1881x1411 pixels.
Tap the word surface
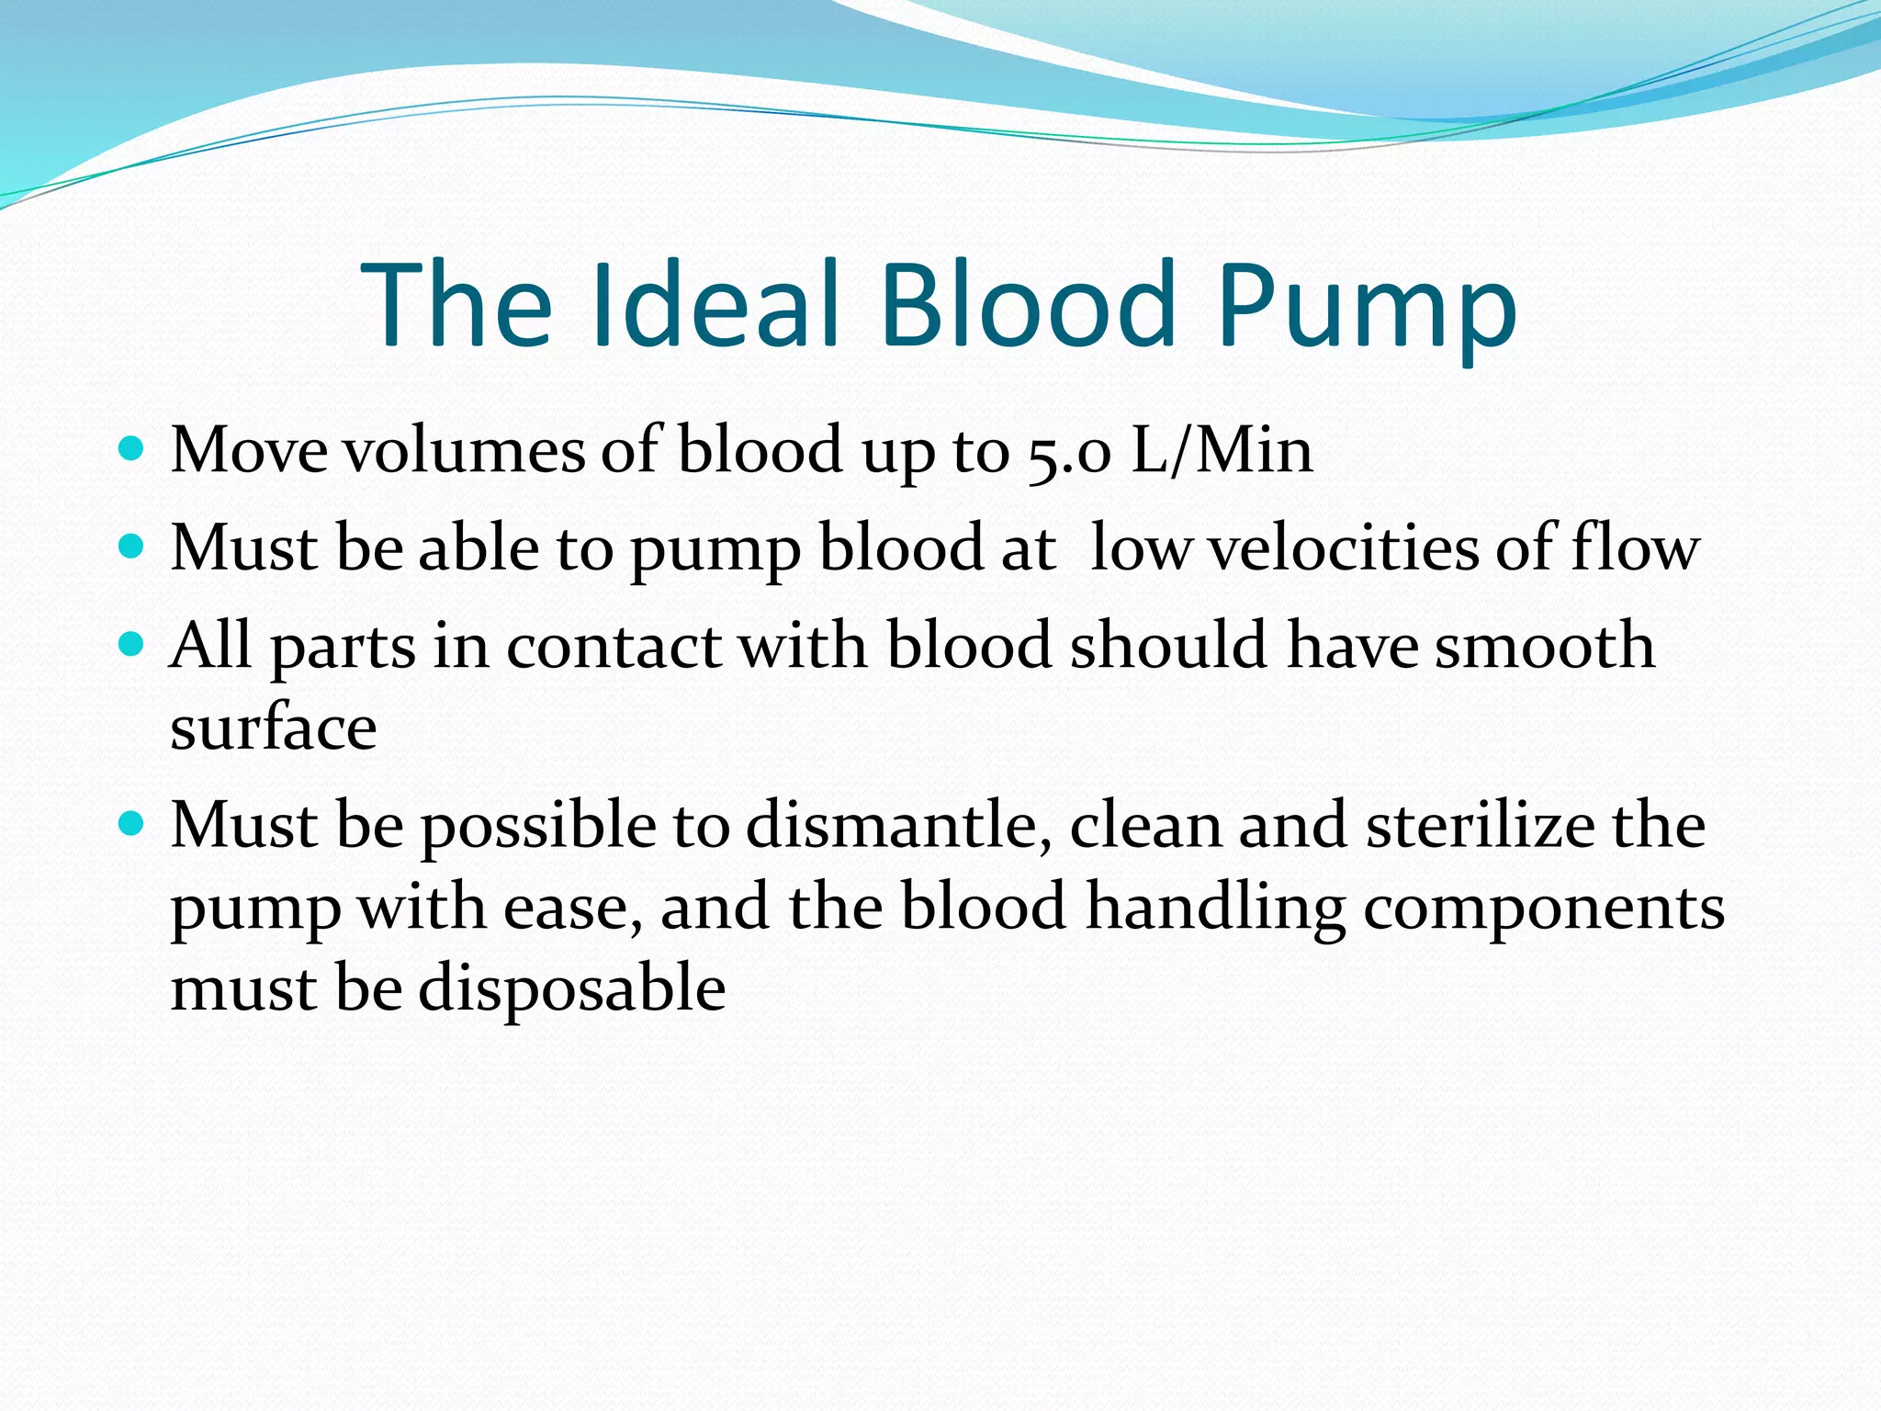(274, 728)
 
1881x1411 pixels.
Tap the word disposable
(572, 990)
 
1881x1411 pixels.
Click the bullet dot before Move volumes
(132, 449)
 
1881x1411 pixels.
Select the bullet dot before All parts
(132, 644)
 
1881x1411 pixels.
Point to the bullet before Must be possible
(132, 824)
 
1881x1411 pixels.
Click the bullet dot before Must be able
(132, 547)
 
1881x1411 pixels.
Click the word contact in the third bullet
(614, 645)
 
